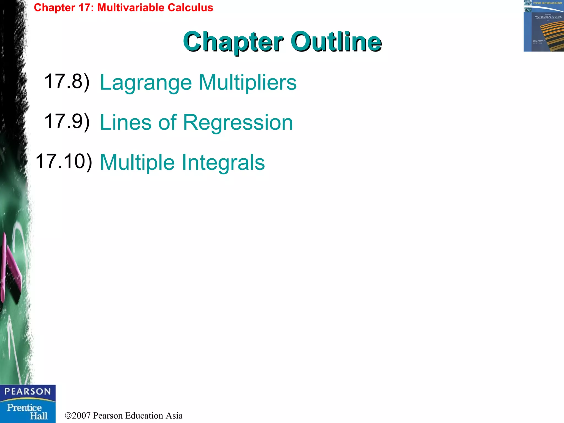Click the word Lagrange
click(146, 83)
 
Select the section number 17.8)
click(67, 82)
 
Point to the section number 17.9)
click(67, 121)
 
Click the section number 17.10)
click(64, 162)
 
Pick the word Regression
click(238, 122)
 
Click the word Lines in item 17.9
click(126, 122)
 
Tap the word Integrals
click(223, 162)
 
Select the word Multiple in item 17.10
click(137, 162)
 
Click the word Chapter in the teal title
click(233, 42)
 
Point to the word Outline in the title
click(336, 42)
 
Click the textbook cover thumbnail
click(544, 26)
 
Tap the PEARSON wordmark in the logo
click(28, 392)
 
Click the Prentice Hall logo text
click(27, 411)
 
